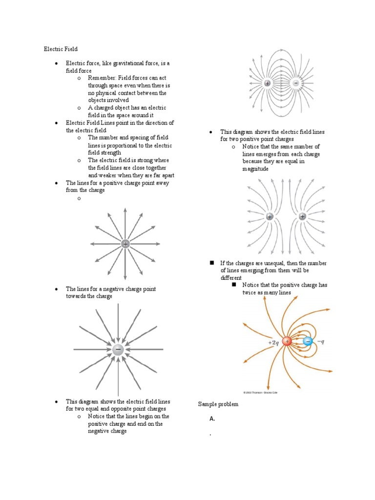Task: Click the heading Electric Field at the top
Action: [x=61, y=49]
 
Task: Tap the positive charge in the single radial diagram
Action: [x=125, y=244]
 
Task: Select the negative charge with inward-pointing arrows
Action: [x=118, y=350]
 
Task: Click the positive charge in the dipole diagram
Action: [x=267, y=83]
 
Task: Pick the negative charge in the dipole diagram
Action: [x=296, y=83]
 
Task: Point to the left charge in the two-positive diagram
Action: [x=270, y=216]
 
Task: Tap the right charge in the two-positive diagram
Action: [x=302, y=216]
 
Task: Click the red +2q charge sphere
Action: [x=287, y=341]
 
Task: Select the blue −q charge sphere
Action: [x=308, y=341]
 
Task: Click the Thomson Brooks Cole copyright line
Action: [x=263, y=392]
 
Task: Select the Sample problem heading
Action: [x=218, y=404]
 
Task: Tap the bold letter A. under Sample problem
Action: [x=212, y=419]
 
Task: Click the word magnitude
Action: [x=255, y=169]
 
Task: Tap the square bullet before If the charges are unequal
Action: [x=212, y=263]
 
